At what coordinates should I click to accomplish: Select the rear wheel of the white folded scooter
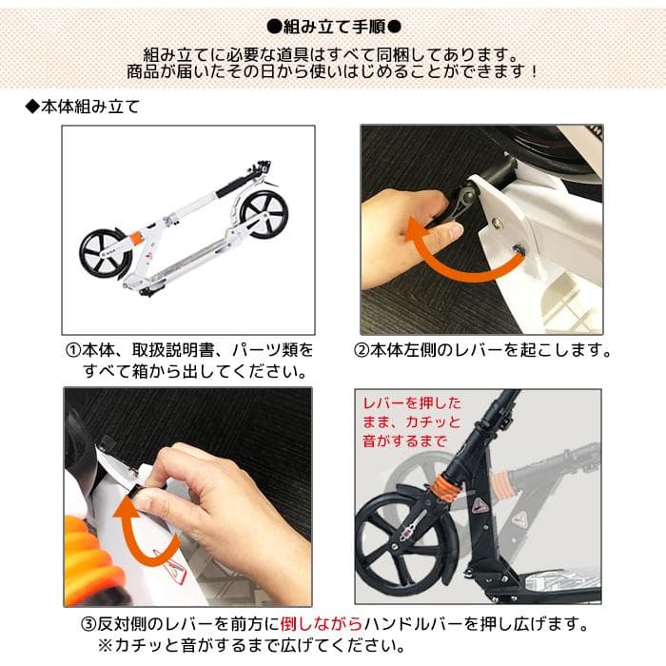click(106, 255)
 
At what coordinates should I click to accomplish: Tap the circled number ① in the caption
click(73, 350)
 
